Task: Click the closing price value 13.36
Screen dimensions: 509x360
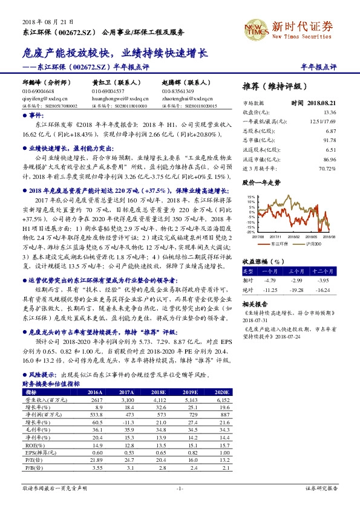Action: (x=330, y=112)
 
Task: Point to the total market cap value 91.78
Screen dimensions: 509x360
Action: (x=330, y=140)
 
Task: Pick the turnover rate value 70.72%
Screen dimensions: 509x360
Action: (x=327, y=167)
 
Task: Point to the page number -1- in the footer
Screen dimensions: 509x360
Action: (x=180, y=487)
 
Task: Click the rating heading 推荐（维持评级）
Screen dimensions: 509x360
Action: (x=278, y=85)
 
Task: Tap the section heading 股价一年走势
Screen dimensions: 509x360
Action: (x=261, y=181)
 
